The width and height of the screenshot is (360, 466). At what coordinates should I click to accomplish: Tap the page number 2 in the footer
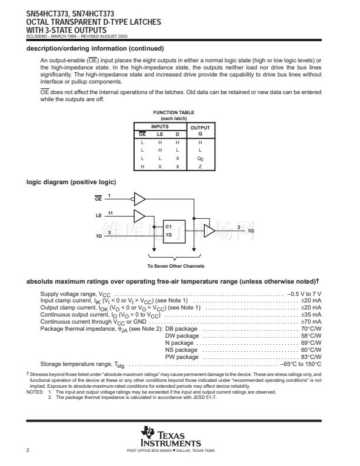28,451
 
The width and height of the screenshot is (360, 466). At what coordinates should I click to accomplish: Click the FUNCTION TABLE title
174,112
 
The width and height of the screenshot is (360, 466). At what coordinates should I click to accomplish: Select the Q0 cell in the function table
200,158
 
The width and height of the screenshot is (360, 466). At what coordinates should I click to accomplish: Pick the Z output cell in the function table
200,167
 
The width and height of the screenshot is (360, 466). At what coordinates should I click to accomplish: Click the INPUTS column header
160,127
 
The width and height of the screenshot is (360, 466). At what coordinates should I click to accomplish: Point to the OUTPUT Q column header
200,130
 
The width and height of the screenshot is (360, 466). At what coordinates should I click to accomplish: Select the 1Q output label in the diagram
251,231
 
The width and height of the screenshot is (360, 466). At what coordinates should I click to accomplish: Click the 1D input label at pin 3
99,235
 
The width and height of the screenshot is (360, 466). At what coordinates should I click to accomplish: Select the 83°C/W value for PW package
311,357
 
